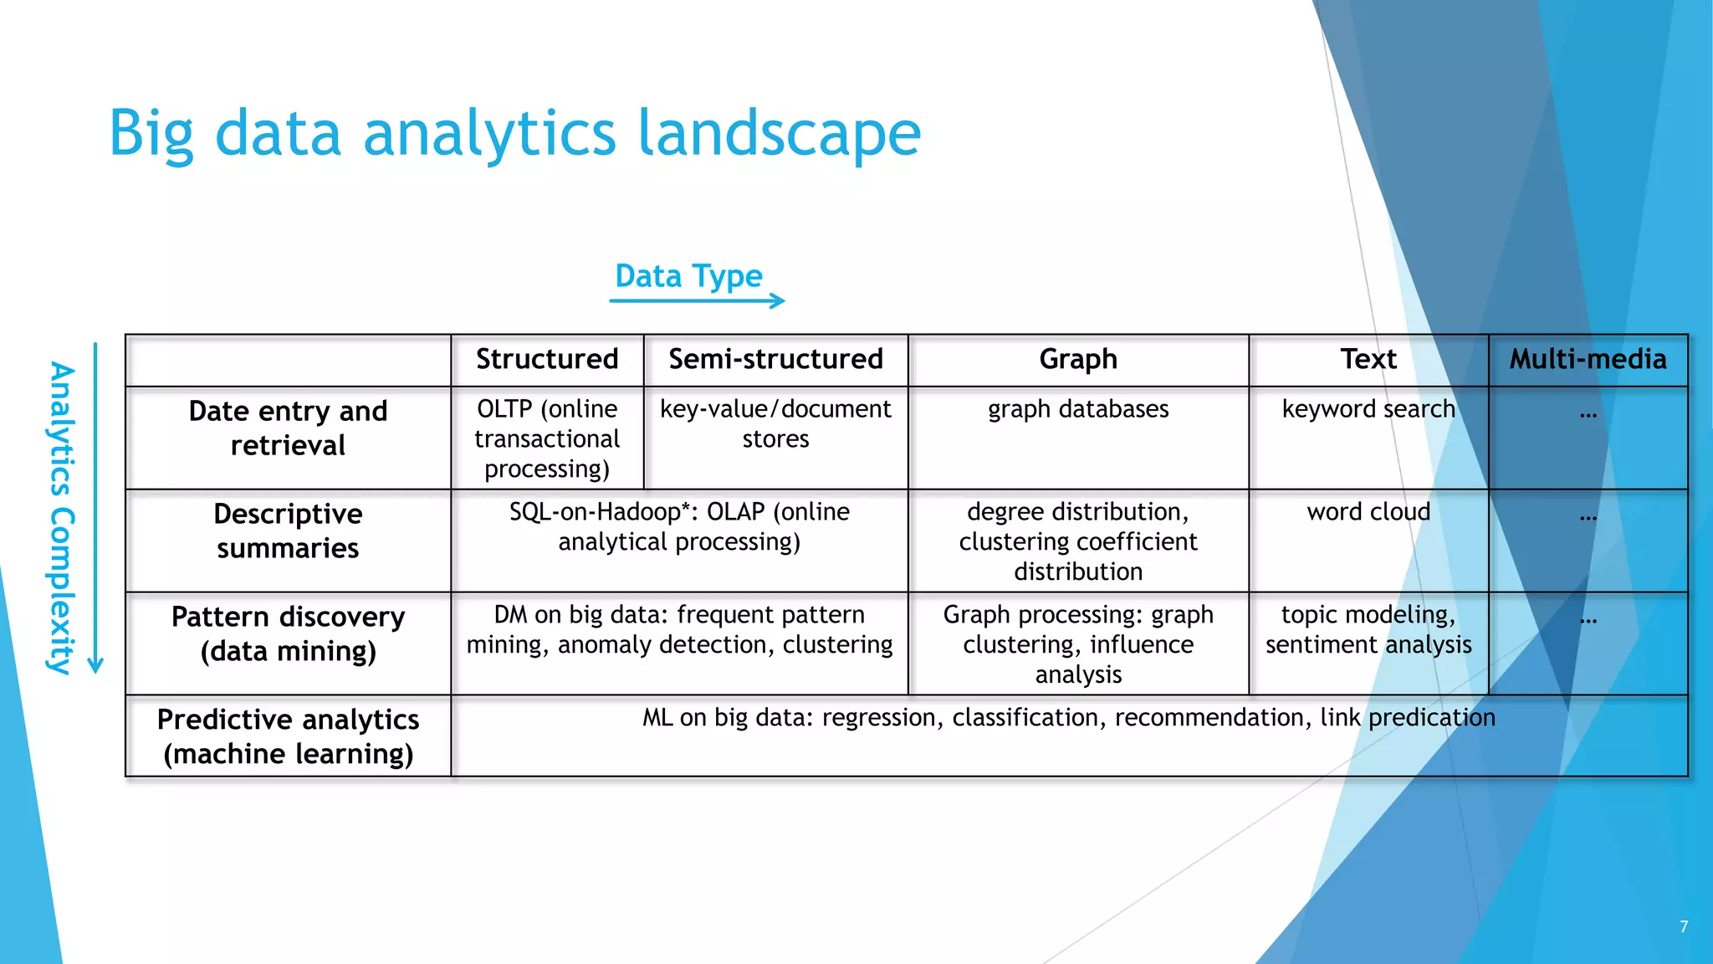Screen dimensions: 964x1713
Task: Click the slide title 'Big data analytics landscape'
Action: [514, 134]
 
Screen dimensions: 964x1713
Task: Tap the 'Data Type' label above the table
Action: [688, 276]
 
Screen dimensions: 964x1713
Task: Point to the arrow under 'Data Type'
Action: [697, 300]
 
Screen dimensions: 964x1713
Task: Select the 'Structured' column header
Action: [547, 359]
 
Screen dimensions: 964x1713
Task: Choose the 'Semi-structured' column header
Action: [775, 359]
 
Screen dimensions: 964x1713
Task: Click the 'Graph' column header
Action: [1078, 359]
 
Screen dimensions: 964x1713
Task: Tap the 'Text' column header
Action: [1368, 359]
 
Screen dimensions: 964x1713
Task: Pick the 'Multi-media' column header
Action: [1588, 359]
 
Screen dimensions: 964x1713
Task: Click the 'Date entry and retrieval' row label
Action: [288, 428]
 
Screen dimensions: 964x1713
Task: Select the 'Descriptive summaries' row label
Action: [288, 531]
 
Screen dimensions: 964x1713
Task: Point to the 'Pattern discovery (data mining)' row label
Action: [288, 633]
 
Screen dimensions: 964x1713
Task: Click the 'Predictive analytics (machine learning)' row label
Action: [288, 736]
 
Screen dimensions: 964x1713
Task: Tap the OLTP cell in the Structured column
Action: [547, 438]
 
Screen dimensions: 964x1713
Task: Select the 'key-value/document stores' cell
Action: [775, 423]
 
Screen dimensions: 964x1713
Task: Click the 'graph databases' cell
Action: [1078, 409]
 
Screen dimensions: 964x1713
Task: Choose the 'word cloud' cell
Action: [1368, 512]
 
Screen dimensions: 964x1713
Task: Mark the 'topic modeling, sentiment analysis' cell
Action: [1368, 629]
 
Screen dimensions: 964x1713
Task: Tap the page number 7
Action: [1684, 926]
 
